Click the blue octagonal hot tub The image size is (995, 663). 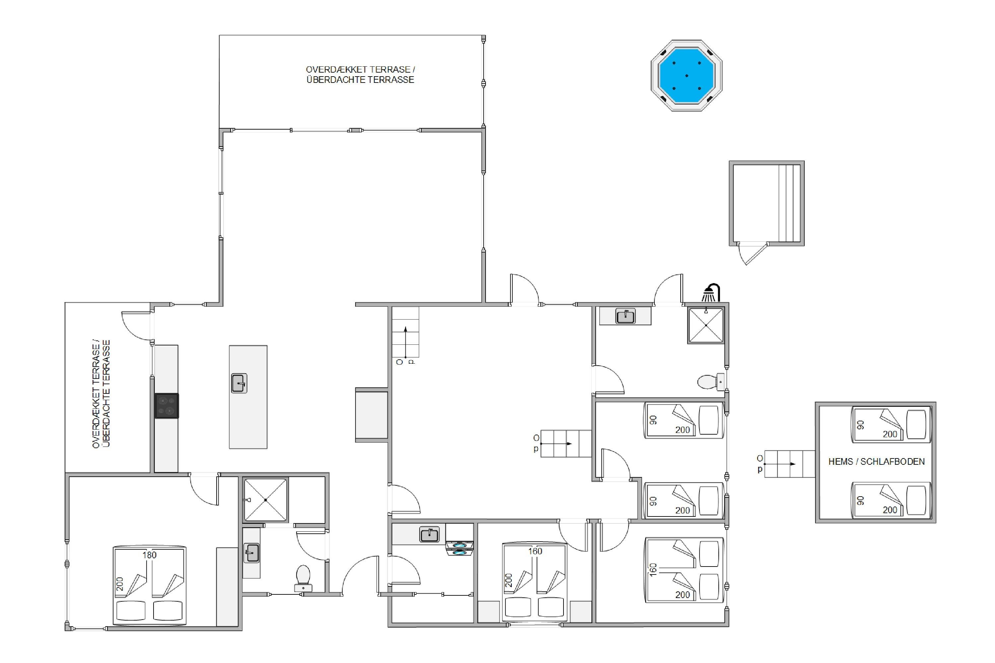[x=686, y=76]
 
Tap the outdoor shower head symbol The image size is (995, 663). [x=711, y=293]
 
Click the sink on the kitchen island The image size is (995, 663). [x=239, y=383]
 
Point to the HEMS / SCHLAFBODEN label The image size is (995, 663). [x=877, y=462]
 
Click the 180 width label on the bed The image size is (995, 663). [x=149, y=555]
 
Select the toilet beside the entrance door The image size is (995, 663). [x=303, y=578]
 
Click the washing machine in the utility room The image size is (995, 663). [x=459, y=548]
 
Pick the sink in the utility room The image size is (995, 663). [x=429, y=534]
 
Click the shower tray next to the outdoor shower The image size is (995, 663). [x=706, y=325]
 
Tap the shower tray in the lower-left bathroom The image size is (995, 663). [x=265, y=500]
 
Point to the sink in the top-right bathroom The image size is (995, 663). [x=625, y=316]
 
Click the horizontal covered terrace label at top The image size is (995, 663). [x=361, y=74]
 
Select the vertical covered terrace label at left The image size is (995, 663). [x=101, y=394]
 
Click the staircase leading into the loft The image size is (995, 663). [x=790, y=464]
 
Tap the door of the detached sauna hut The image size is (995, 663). [x=753, y=254]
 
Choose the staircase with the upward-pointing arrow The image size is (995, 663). [x=405, y=332]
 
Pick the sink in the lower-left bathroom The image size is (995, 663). [x=251, y=553]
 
